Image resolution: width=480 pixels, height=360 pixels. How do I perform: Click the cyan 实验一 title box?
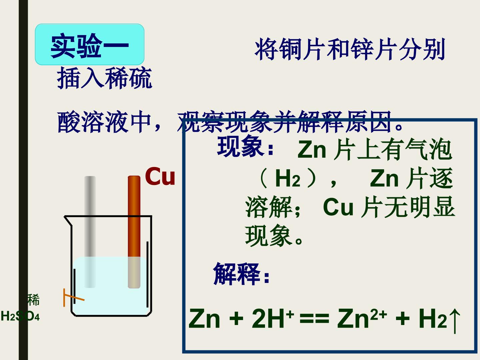click(90, 44)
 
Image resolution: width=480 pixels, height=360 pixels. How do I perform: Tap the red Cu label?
click(160, 176)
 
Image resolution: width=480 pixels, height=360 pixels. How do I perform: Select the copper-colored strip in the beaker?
click(134, 232)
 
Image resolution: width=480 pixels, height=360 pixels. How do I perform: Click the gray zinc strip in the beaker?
click(90, 232)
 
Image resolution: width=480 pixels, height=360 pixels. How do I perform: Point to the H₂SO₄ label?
click(20, 316)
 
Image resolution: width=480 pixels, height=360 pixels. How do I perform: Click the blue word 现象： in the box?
click(245, 146)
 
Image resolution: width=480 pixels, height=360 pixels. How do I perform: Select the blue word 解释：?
click(241, 274)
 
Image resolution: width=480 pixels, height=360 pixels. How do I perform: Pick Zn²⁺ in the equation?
click(362, 318)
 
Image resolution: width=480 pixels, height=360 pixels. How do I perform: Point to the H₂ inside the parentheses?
click(288, 179)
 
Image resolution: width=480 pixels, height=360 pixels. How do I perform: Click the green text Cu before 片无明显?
click(338, 207)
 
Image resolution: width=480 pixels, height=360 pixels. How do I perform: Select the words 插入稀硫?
click(104, 78)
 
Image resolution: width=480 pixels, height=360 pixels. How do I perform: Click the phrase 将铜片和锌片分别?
click(350, 49)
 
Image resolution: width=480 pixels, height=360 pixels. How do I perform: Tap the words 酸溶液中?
click(104, 122)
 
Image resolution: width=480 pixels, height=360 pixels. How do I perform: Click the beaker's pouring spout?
click(68, 221)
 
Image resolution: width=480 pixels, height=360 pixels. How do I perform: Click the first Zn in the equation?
click(204, 318)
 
